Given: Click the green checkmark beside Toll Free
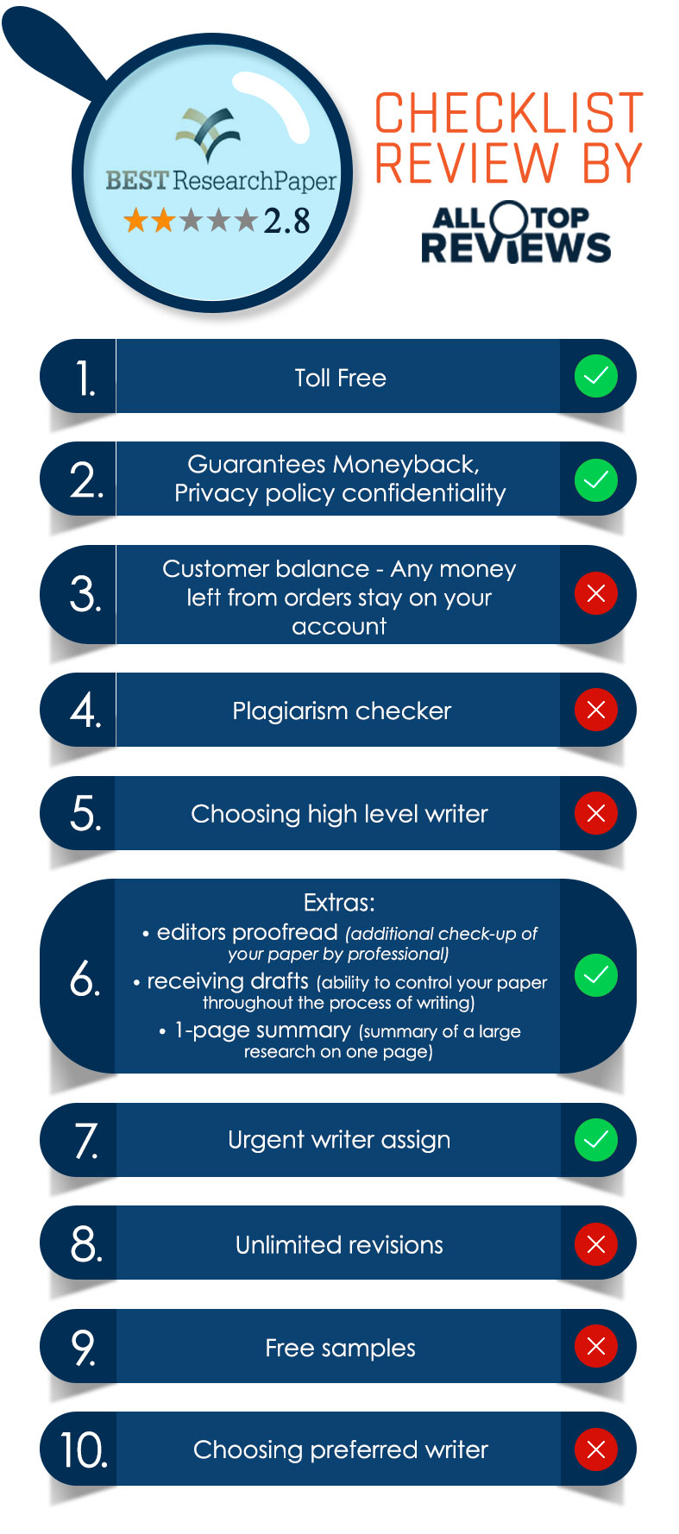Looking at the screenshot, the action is click(x=596, y=376).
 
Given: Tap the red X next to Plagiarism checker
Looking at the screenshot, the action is click(x=596, y=710).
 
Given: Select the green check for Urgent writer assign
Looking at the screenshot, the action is click(x=596, y=1140).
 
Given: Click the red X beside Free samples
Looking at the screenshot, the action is click(x=596, y=1346).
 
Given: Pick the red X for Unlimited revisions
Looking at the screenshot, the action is click(x=596, y=1243).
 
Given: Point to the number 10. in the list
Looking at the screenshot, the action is click(x=84, y=1449).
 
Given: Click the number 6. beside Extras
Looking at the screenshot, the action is click(x=85, y=978).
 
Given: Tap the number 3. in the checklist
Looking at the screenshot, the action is click(x=85, y=594).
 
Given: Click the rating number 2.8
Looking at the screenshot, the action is click(x=286, y=221).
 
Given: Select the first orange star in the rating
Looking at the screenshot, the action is click(x=135, y=221).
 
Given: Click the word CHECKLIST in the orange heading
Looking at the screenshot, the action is click(x=509, y=113).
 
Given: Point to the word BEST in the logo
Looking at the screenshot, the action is click(x=136, y=180).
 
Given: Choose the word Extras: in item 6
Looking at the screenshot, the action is click(x=339, y=903).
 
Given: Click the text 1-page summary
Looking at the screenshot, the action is click(x=262, y=1030).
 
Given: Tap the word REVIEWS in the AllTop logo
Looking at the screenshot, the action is click(x=516, y=247).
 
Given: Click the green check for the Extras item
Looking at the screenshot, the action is click(x=596, y=975).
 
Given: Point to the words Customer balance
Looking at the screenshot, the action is click(x=266, y=569).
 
